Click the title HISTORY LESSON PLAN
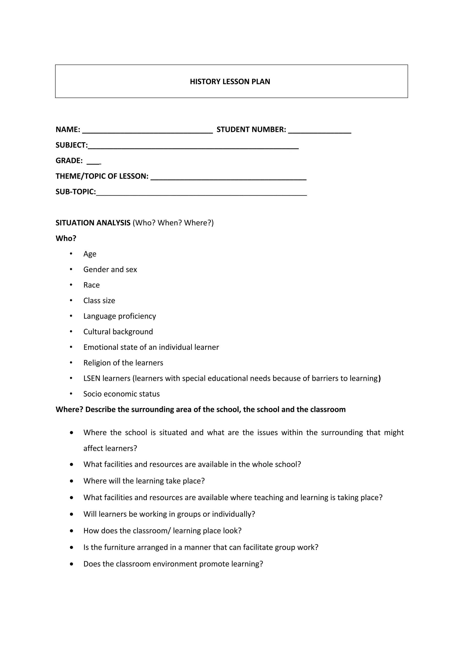pos(230,82)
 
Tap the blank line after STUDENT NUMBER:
pos(320,131)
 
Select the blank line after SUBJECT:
pos(193,147)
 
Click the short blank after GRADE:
pos(94,162)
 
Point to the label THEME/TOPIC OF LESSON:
pos(102,176)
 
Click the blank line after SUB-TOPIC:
pos(201,193)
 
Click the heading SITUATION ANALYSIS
pos(93,223)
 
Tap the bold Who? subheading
pos(66,238)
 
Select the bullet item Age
pos(90,254)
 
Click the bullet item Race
pos(91,285)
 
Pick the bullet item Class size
pos(99,301)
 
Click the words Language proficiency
pos(119,316)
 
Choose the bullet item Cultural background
pos(118,332)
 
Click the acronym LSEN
pos(92,379)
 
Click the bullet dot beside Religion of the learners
pos(71,363)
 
